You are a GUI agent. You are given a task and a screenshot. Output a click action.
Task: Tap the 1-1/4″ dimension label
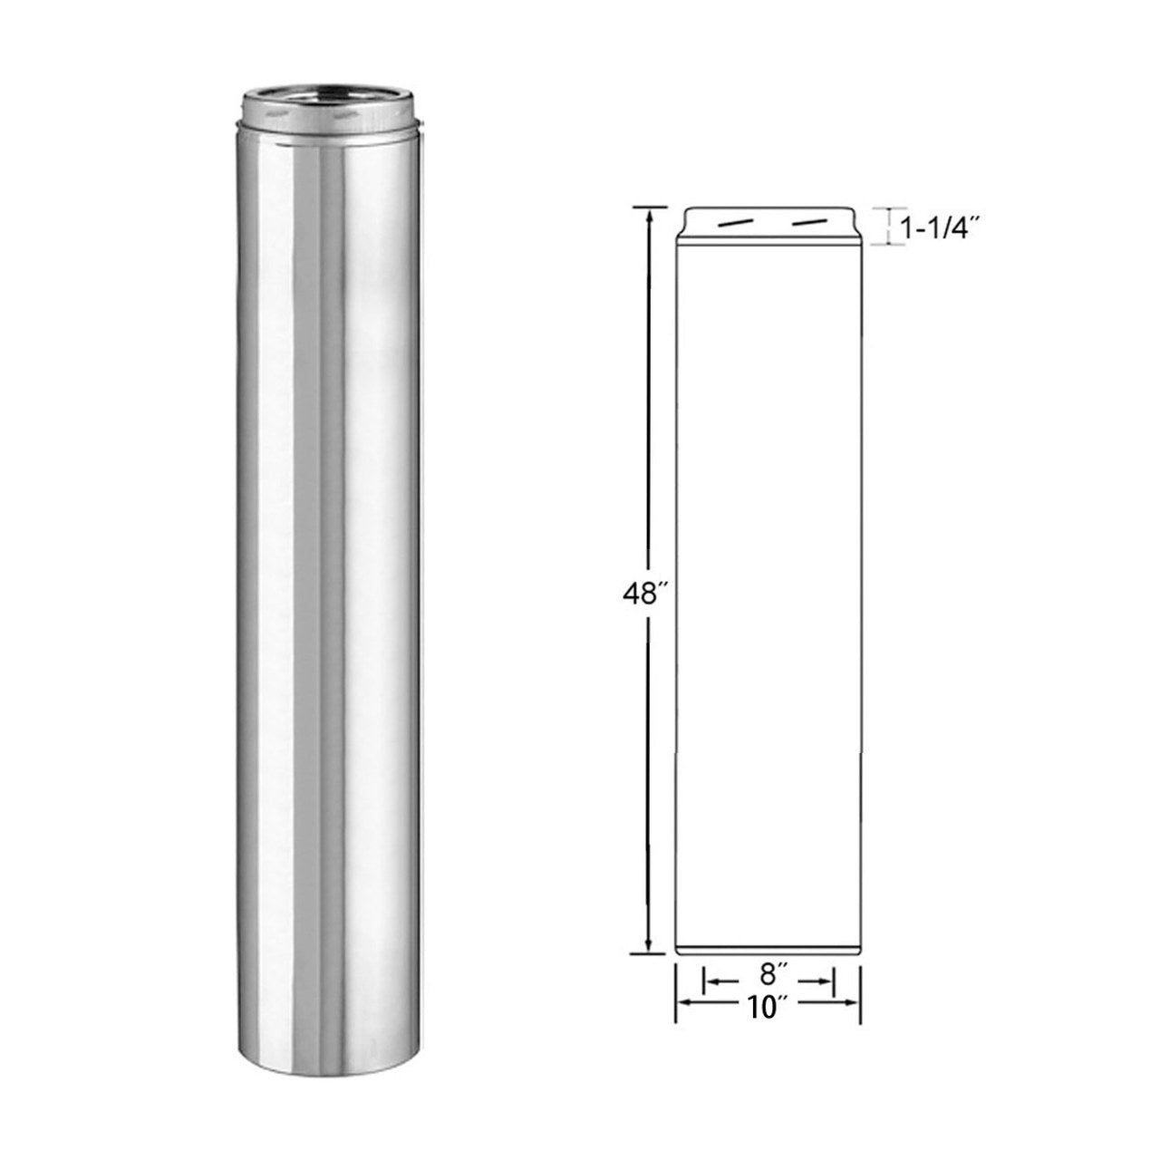[942, 230]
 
